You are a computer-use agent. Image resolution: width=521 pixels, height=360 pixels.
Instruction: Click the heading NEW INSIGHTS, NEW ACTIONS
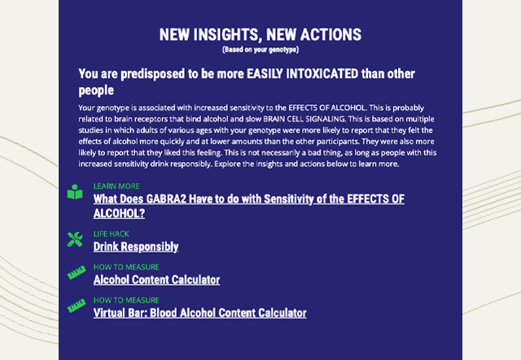coord(260,34)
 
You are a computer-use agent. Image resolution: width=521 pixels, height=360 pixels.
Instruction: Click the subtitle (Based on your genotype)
coord(260,50)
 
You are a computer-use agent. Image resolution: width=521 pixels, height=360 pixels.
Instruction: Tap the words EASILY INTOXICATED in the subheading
coord(302,74)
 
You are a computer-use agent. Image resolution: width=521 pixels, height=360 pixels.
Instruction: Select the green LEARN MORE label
coord(116,187)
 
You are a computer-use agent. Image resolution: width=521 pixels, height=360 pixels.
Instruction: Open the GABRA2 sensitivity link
coord(249,206)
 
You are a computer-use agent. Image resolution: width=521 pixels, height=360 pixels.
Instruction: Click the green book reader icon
coord(75,191)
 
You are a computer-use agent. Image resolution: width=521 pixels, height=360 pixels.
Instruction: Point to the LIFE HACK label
coord(112,234)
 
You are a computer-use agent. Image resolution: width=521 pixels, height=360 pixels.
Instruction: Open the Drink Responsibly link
coord(136,247)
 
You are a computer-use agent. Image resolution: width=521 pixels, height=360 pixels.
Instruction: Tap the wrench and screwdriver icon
coord(75,239)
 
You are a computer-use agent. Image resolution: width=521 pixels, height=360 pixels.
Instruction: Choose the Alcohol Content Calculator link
coord(156,280)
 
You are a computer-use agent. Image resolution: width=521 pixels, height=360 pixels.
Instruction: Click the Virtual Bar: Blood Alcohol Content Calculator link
coord(199,313)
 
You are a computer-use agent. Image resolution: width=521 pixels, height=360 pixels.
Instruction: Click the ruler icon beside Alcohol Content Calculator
coord(77,273)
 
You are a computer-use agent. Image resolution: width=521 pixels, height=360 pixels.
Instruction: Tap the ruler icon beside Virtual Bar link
coord(77,305)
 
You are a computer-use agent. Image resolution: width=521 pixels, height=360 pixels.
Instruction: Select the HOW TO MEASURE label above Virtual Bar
coord(126,301)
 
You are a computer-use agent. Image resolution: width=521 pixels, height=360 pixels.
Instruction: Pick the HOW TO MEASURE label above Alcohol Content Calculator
coord(126,267)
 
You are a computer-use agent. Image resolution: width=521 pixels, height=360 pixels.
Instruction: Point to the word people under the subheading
coord(96,90)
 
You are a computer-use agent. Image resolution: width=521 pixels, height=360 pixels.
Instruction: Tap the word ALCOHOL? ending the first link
coord(120,213)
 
